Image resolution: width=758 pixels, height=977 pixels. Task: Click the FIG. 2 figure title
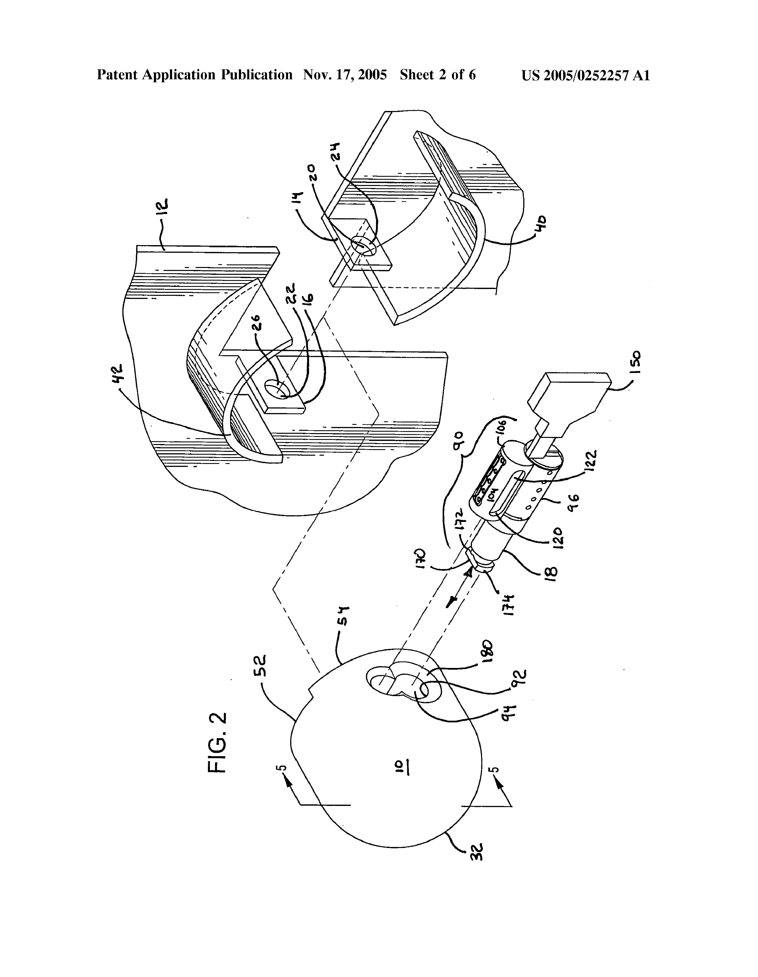(218, 743)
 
